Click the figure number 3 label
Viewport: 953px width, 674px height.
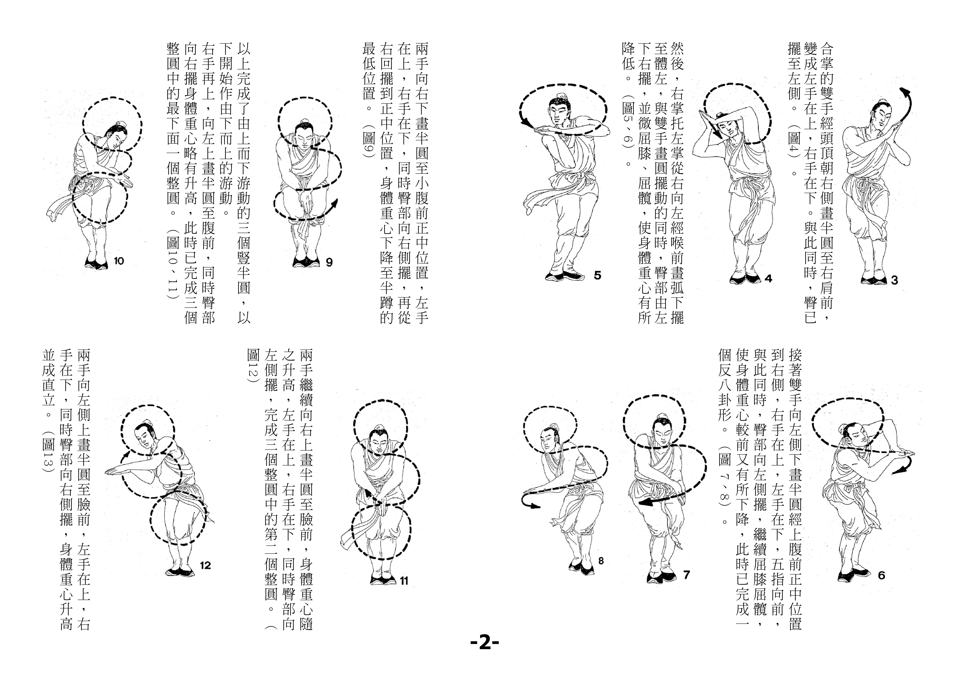894,280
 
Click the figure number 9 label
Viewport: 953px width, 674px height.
329,262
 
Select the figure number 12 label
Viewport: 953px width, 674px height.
206,565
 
